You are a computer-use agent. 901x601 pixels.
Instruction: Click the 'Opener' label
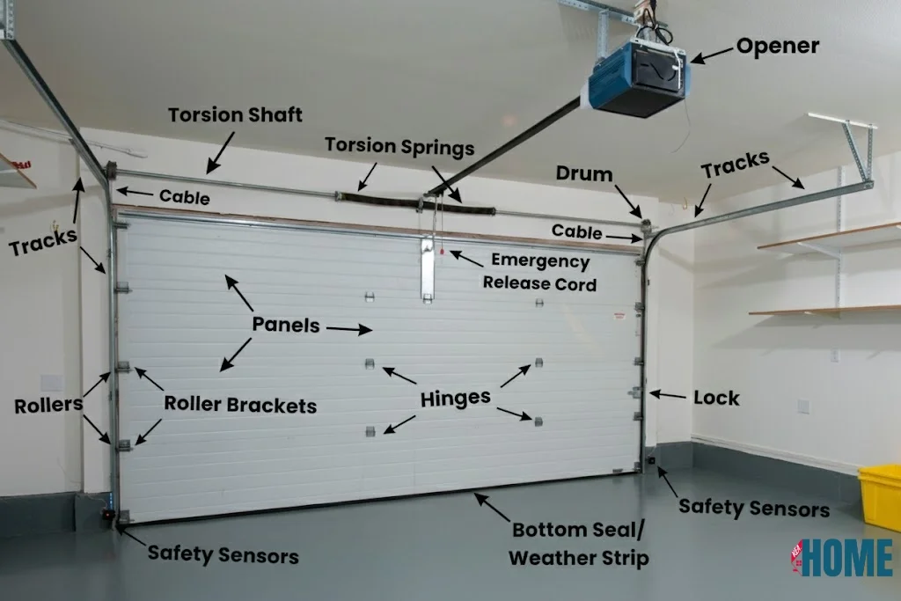tap(777, 46)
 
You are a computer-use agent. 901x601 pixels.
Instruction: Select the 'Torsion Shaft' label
tap(235, 115)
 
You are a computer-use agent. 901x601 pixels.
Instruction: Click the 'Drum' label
tap(584, 173)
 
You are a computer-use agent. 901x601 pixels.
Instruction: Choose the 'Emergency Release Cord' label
tap(539, 272)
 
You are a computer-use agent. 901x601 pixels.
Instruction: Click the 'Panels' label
tap(286, 324)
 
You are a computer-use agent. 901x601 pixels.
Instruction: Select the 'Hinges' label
tap(455, 398)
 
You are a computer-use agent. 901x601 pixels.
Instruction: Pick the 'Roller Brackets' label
tap(240, 406)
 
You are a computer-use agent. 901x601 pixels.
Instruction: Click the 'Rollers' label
tap(48, 406)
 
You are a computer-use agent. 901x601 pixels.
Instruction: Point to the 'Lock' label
tap(716, 398)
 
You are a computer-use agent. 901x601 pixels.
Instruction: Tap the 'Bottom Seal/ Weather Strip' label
tap(579, 543)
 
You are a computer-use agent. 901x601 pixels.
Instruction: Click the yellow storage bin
tap(881, 497)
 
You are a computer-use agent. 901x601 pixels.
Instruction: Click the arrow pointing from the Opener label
tap(711, 55)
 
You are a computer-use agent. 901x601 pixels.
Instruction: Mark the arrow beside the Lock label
tap(667, 395)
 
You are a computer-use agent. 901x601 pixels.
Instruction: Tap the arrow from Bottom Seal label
tap(492, 507)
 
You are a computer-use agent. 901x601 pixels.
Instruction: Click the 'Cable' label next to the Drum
tap(577, 231)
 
